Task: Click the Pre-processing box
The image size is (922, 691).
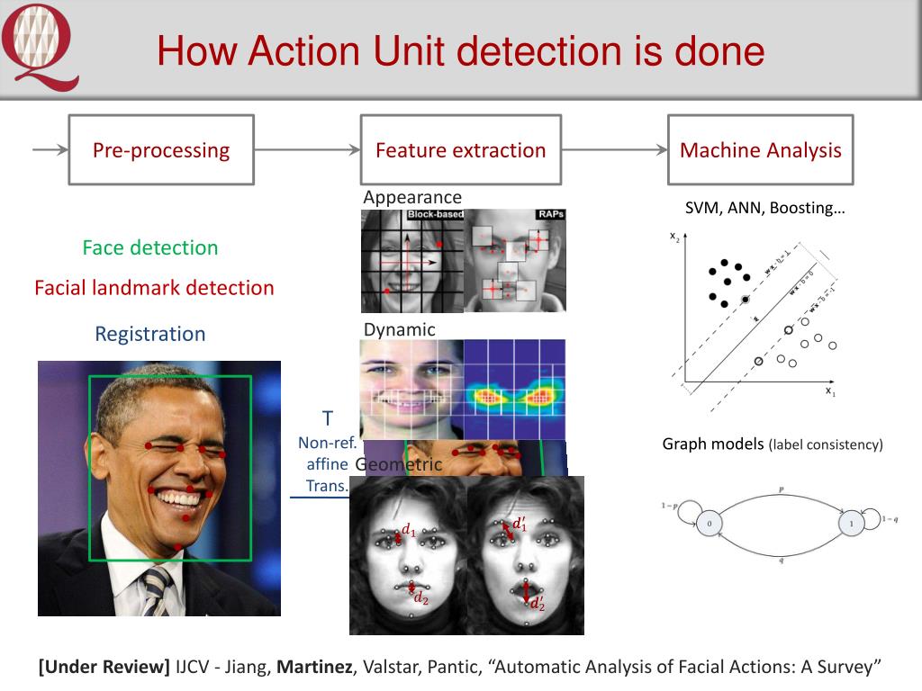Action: coord(161,150)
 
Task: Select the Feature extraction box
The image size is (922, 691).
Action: coord(460,150)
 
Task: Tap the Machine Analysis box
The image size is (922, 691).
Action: coord(760,150)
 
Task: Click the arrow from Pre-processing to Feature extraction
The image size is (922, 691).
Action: coord(307,150)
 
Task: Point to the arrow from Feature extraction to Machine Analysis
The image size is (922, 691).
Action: coord(614,150)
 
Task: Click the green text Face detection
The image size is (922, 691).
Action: coord(150,247)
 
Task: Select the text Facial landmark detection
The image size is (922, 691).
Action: coord(154,288)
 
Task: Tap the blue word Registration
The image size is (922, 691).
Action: coord(150,334)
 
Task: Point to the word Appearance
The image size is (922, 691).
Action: coord(412,197)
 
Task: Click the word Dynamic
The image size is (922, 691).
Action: coord(399,329)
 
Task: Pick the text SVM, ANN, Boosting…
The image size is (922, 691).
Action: coord(765,209)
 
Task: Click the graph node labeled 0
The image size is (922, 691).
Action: coord(710,523)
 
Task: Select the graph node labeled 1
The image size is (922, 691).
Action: coord(849,523)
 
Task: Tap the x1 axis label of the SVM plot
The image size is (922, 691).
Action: coord(830,392)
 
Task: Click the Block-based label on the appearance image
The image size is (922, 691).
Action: coord(436,215)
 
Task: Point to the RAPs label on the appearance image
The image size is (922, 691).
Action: coord(549,215)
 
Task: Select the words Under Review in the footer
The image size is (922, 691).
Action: coord(104,667)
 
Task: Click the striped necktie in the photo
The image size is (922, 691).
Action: coord(155,590)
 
